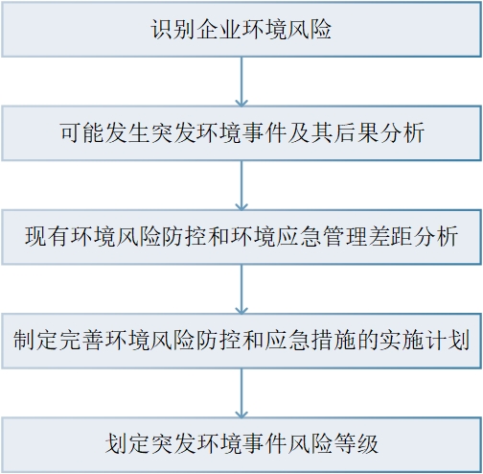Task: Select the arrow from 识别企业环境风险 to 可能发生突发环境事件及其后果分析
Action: coord(241,82)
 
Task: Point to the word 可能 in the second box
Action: coord(82,132)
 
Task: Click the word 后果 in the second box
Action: coord(356,132)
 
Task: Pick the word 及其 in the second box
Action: coord(310,132)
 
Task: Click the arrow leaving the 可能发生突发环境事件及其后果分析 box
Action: coord(241,185)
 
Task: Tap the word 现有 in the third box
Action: coord(47,236)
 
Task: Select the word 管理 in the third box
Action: coord(345,236)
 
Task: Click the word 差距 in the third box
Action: coord(390,236)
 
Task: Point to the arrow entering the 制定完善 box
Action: coord(241,289)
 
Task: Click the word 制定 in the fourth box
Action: coord(35,340)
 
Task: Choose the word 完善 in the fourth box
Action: coord(81,340)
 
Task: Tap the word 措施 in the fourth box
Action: coord(333,340)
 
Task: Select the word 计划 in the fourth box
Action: coord(448,340)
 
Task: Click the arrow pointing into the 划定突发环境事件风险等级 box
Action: coord(241,393)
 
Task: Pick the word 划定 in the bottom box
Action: coord(127,443)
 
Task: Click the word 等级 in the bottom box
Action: coord(356,443)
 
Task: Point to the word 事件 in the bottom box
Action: coord(264,443)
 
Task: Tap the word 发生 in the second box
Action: coord(127,132)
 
